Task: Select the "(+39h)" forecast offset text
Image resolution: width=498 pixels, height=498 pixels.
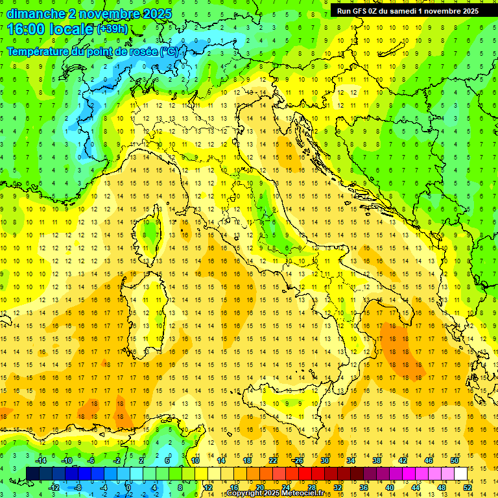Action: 112,29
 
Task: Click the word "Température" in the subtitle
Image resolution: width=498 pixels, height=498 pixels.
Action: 40,51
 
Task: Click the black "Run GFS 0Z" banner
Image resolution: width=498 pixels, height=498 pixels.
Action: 407,11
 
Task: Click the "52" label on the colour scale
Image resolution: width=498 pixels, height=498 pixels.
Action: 468,488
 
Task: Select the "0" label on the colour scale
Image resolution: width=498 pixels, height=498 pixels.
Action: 128,488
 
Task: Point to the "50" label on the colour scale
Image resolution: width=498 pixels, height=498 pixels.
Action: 455,460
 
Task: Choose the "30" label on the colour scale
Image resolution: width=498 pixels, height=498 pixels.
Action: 324,460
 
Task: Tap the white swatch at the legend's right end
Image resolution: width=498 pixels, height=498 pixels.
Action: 461,473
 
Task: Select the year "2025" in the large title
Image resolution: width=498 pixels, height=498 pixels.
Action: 156,14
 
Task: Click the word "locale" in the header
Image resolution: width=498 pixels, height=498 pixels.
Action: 73,29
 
